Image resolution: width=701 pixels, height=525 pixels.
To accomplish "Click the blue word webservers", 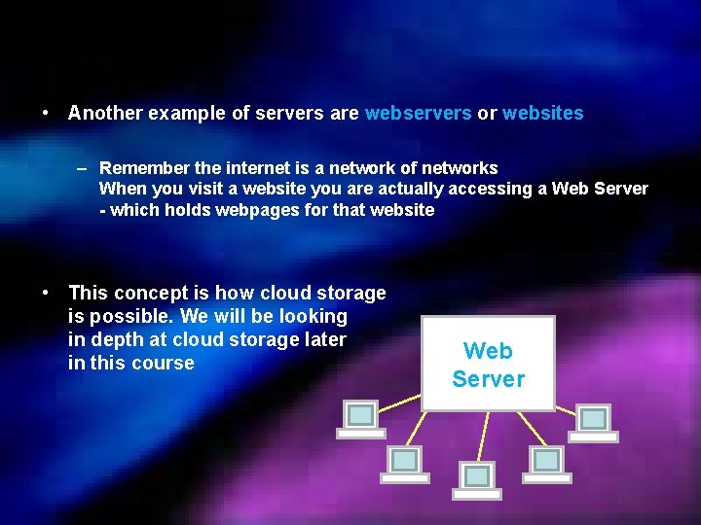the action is tap(418, 114).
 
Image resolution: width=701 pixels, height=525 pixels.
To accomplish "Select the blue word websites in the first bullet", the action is tap(542, 114).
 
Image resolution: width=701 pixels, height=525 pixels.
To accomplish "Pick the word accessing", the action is tap(490, 189).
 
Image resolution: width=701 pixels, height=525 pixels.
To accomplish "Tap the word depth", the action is tap(115, 339).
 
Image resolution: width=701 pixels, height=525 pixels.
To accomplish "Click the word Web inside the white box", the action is tap(488, 351).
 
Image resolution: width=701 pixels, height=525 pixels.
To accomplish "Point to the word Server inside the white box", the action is tap(488, 379).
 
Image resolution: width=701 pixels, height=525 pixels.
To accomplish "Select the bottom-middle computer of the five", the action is tap(477, 479).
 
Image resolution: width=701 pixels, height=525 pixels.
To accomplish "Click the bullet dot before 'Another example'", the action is tap(47, 113).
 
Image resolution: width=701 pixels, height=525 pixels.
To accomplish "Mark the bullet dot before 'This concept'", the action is tap(47, 292).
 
